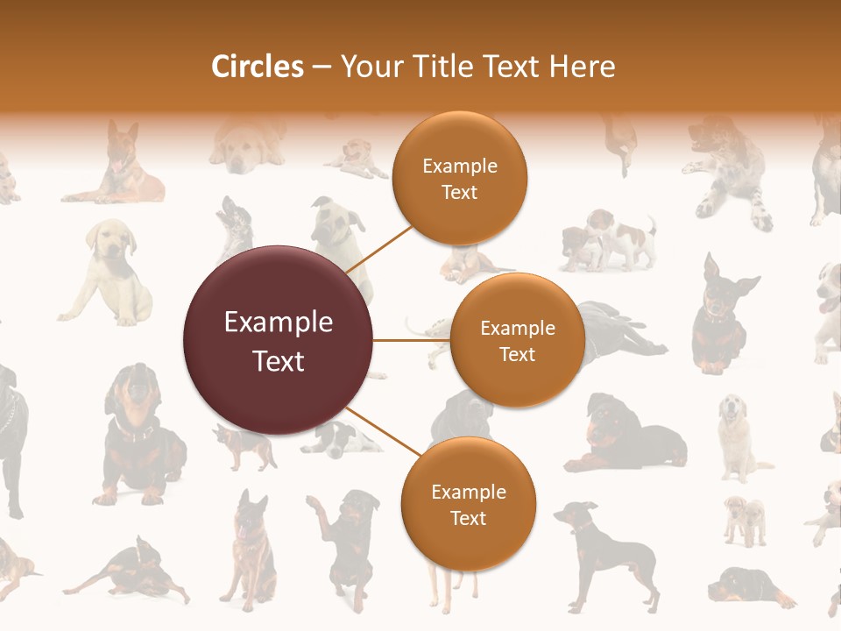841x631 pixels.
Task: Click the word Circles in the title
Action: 257,67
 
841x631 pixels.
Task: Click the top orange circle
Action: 459,179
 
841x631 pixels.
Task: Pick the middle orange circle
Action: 517,340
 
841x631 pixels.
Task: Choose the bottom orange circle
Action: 468,505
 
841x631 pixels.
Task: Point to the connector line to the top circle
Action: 379,249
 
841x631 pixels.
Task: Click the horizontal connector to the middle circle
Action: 411,339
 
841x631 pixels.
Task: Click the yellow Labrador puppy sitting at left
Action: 110,272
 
